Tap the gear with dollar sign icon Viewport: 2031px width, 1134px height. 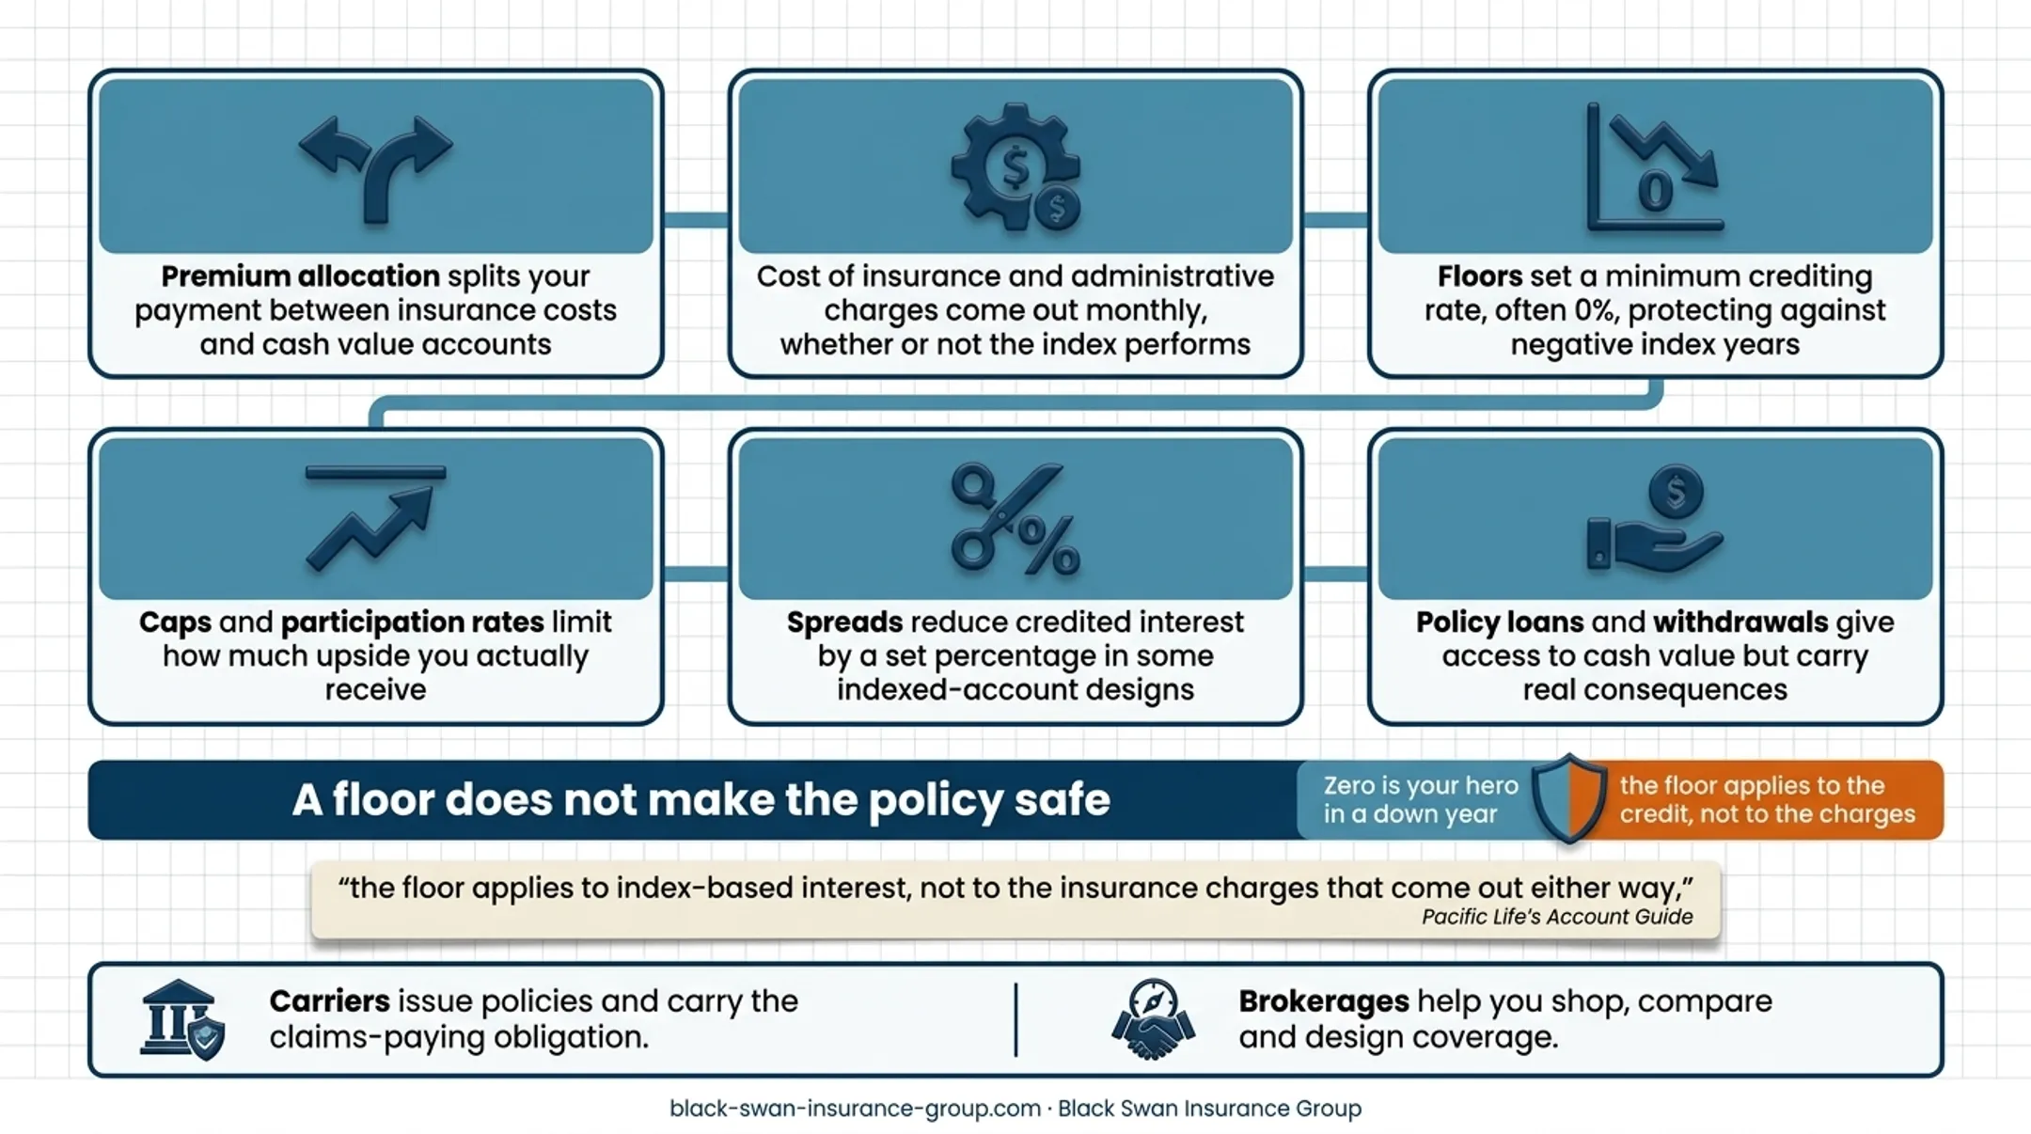(x=1015, y=166)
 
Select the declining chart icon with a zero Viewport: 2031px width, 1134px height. (x=1655, y=166)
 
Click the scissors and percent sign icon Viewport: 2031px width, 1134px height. (x=1015, y=518)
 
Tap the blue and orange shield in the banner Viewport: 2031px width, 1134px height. (x=1568, y=798)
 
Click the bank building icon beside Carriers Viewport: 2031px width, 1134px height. (x=181, y=1019)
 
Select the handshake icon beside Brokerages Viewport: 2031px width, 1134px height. (x=1153, y=1019)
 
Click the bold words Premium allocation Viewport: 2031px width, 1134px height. (x=300, y=276)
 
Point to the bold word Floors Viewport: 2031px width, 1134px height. (x=1480, y=276)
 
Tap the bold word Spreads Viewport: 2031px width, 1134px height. (x=844, y=622)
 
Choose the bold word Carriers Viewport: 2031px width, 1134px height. (x=329, y=1000)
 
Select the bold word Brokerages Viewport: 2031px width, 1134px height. (x=1324, y=1001)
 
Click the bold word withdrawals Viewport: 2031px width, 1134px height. (x=1740, y=622)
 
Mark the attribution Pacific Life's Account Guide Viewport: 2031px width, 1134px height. (x=1557, y=917)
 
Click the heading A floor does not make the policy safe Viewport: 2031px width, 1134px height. (x=701, y=800)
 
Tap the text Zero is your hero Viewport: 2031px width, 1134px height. (x=1421, y=785)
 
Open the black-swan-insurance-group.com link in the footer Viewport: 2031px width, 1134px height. (x=855, y=1109)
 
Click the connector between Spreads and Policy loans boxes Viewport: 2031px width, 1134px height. (x=1335, y=574)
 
